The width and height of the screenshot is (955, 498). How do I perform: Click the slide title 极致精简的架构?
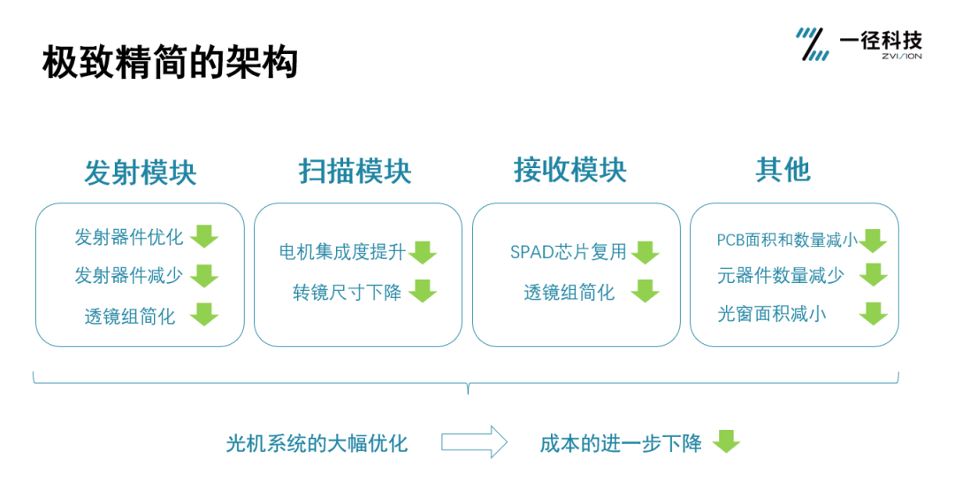pos(171,64)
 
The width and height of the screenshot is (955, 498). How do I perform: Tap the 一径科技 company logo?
pos(859,43)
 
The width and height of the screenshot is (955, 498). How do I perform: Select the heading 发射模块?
pos(140,172)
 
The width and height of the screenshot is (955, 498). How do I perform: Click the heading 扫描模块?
pos(355,172)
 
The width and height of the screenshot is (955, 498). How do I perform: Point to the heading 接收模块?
pos(570,170)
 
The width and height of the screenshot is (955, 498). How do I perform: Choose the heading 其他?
pos(783,170)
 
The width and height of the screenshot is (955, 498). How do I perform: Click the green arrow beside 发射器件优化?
pos(204,237)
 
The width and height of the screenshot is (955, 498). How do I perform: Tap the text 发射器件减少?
pos(128,275)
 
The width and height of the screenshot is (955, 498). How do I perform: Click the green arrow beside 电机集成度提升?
pos(423,252)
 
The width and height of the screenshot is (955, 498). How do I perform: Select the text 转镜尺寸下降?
pos(347,292)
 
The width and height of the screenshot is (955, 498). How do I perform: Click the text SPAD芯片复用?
pos(569,252)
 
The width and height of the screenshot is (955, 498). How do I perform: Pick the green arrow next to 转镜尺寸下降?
pos(423,291)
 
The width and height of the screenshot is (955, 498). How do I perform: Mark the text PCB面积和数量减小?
pos(786,240)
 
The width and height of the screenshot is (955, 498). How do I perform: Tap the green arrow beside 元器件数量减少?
pos(874,275)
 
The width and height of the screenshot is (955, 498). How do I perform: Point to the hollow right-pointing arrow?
pos(474,441)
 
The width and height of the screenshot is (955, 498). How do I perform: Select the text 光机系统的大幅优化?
pos(317,443)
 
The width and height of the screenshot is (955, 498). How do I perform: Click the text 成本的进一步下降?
pos(621,443)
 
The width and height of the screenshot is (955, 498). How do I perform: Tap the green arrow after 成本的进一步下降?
pos(727,441)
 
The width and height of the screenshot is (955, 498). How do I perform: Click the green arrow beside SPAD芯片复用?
pos(646,252)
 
